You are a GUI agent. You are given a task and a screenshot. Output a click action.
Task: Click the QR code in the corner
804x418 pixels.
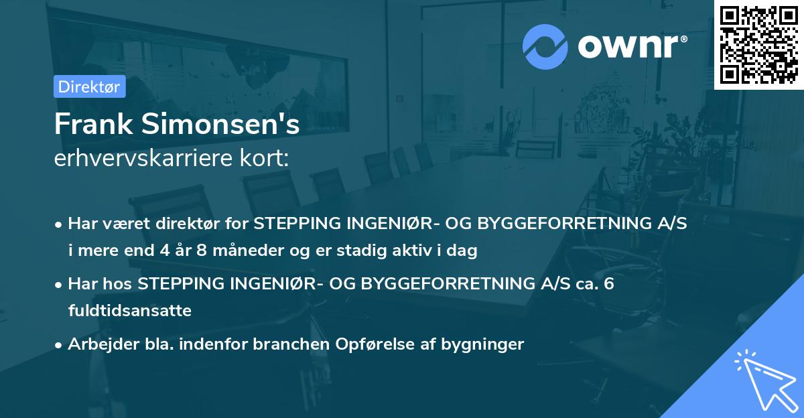coord(758,44)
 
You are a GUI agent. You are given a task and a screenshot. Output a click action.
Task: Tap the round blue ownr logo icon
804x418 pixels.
coord(545,47)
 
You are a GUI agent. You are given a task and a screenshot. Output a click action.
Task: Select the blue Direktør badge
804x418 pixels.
coord(89,86)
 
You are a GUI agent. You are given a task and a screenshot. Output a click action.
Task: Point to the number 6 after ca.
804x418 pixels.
coord(608,284)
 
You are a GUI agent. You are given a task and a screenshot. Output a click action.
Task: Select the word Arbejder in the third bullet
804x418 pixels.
coord(98,344)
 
